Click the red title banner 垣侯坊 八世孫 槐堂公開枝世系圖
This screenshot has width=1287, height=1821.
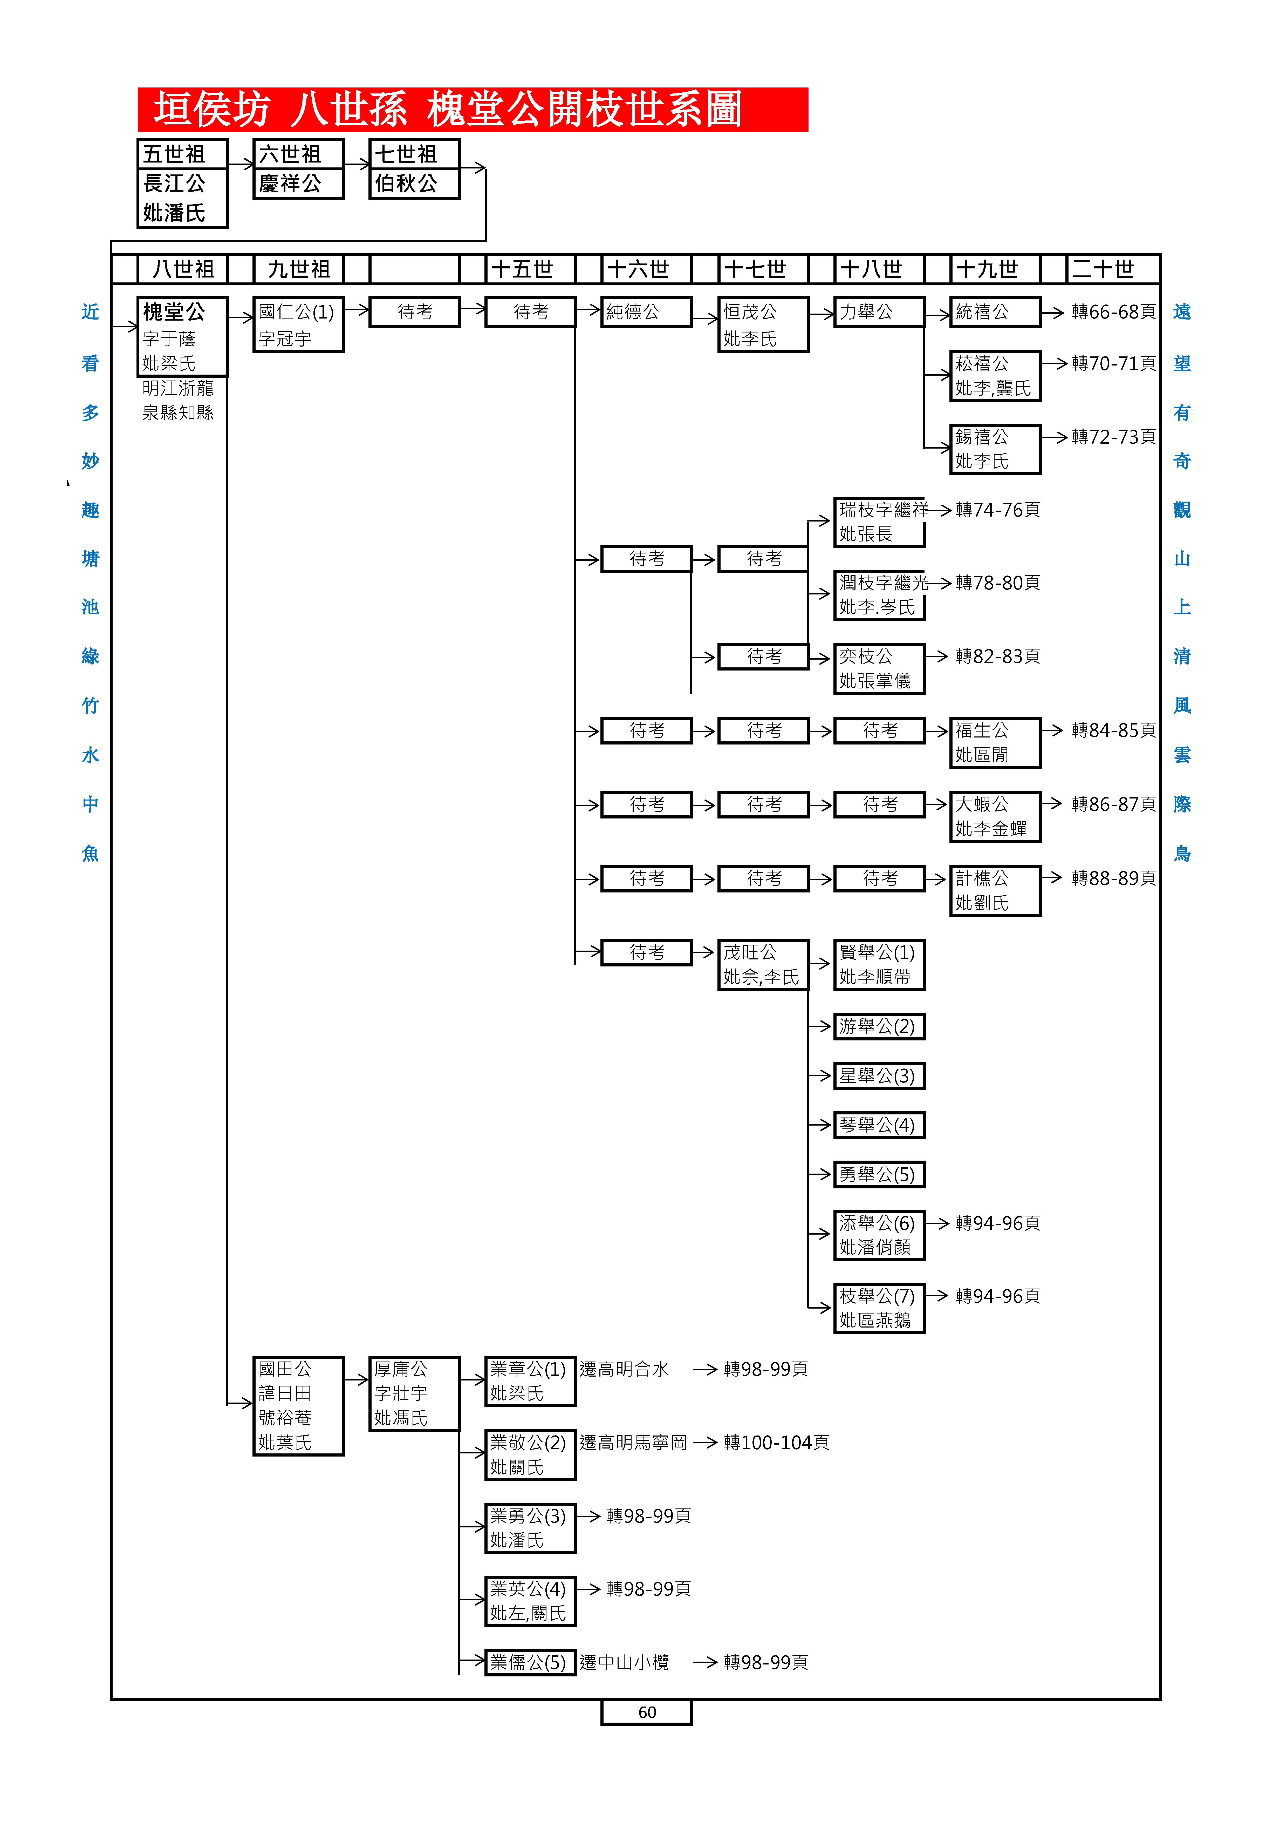(x=473, y=110)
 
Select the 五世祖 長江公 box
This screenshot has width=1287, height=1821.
(x=182, y=183)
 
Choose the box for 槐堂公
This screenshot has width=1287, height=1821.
(x=182, y=336)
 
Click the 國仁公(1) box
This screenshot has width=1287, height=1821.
(x=298, y=324)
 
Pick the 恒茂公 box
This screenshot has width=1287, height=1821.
(x=763, y=324)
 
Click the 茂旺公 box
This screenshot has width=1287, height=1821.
(x=763, y=964)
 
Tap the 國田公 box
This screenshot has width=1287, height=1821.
(x=298, y=1405)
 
